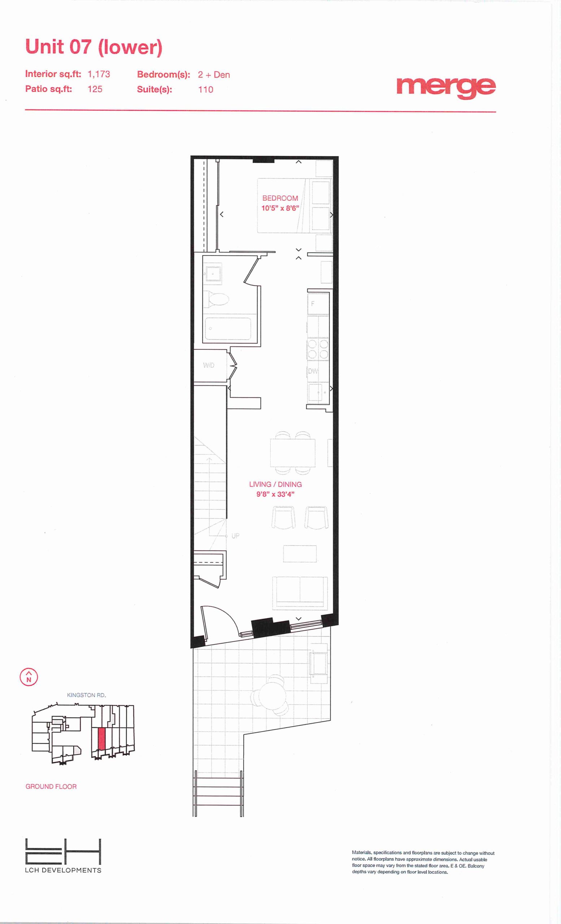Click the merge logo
point(446,88)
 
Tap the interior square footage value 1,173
point(99,74)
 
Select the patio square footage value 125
point(95,89)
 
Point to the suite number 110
point(205,90)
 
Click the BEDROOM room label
point(280,198)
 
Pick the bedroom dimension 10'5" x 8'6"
point(280,208)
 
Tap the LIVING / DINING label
point(275,484)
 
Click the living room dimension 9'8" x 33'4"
point(275,494)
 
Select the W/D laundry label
point(209,365)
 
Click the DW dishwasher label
point(313,371)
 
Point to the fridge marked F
point(318,304)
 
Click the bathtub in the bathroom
point(228,329)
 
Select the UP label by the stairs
point(235,536)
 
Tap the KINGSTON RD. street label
point(87,695)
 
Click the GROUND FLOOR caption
point(51,786)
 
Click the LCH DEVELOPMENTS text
point(63,870)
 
